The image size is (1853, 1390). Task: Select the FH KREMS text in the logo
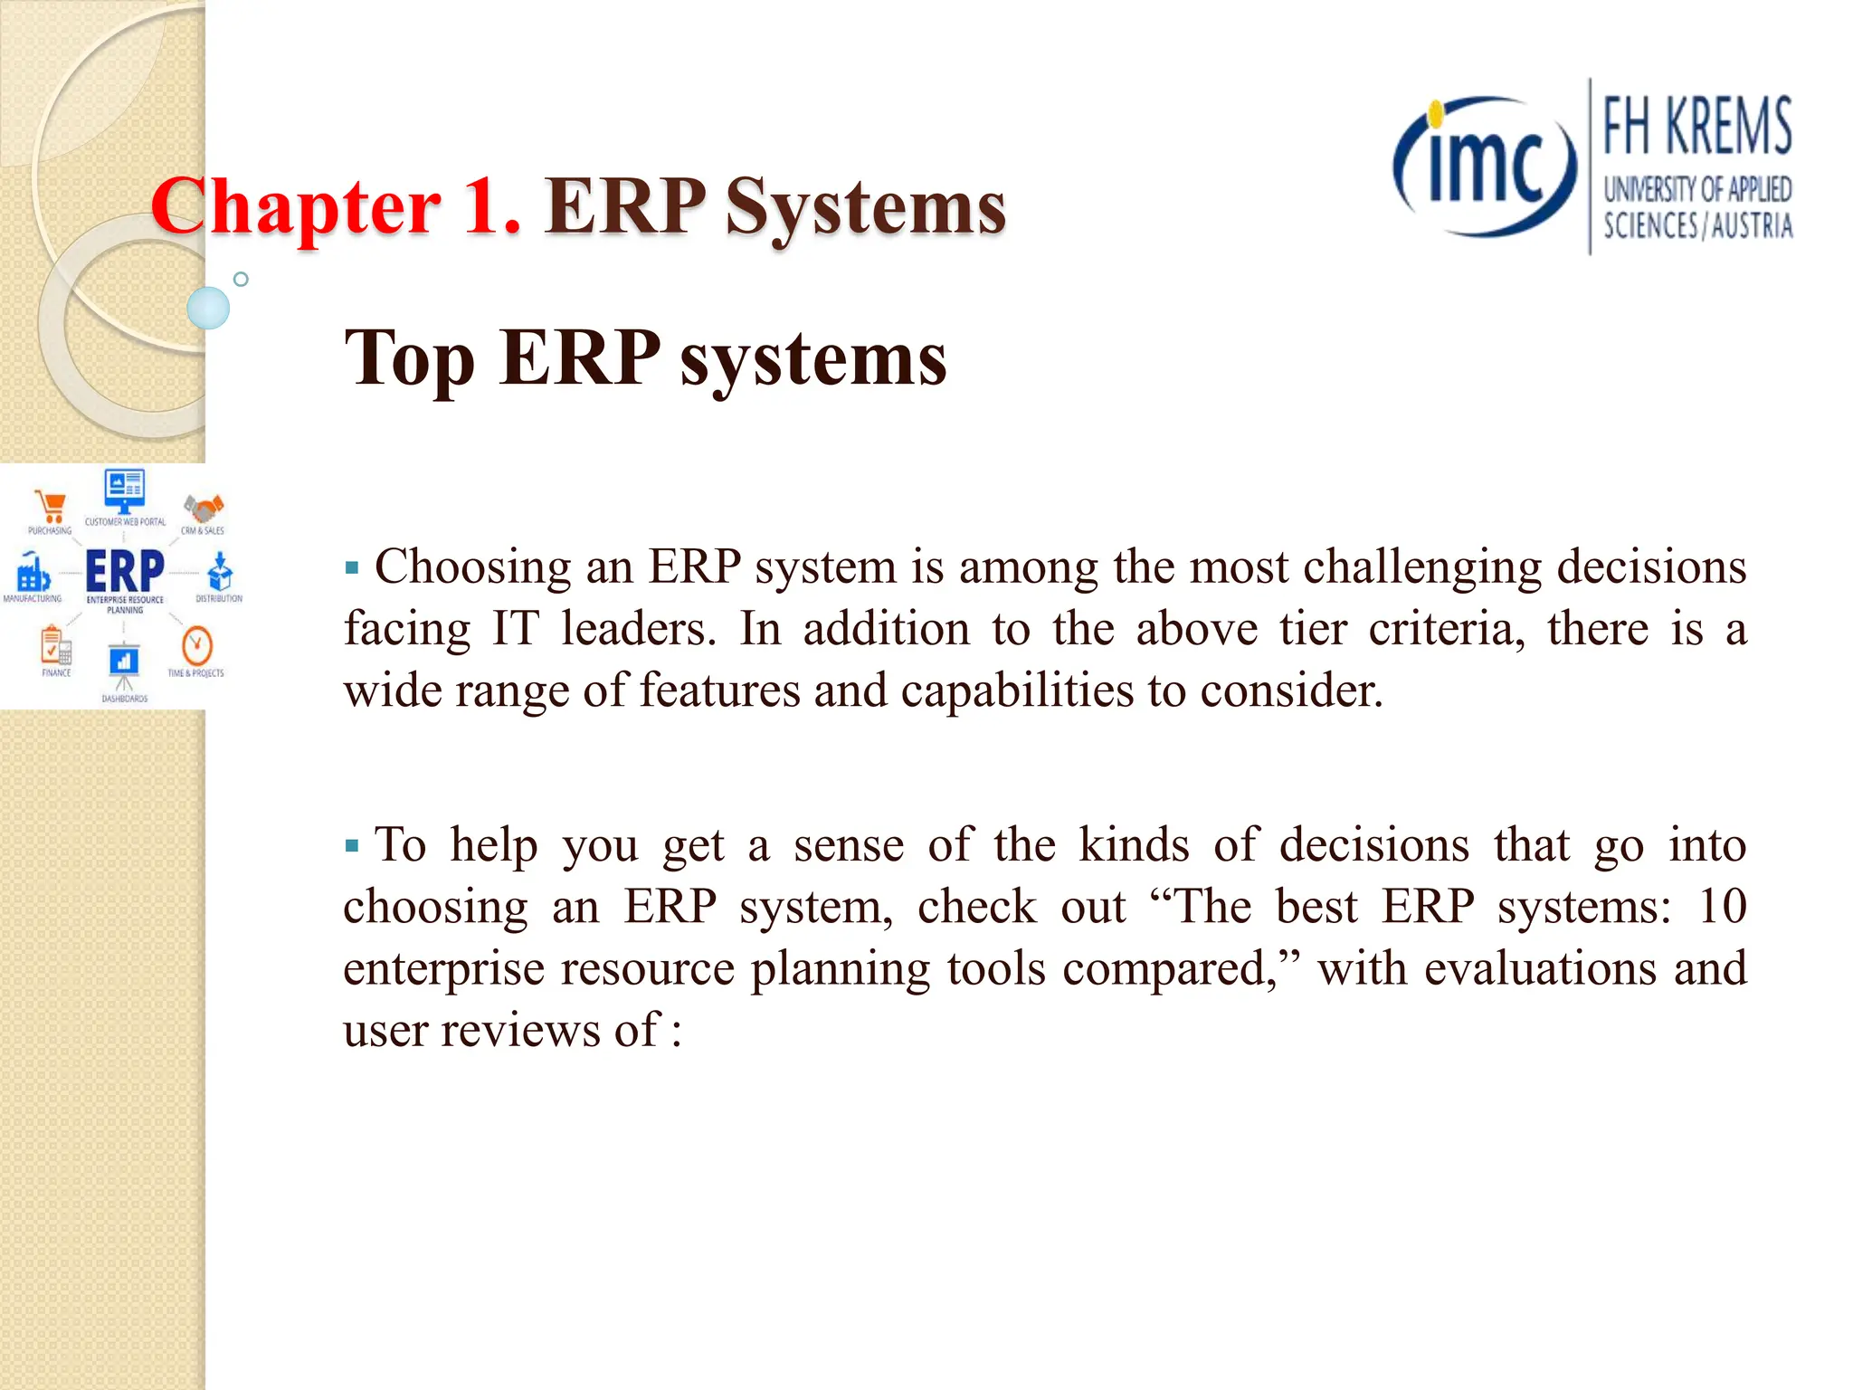point(1696,127)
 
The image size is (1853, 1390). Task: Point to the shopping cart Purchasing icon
point(50,507)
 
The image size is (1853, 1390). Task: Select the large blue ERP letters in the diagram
point(125,571)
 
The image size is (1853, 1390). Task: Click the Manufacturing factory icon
point(33,573)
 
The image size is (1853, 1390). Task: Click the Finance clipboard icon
point(55,646)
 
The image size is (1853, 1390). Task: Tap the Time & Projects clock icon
point(196,646)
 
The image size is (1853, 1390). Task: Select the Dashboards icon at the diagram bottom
point(124,662)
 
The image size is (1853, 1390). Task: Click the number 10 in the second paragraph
point(1722,906)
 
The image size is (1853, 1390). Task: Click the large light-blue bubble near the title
point(208,308)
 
